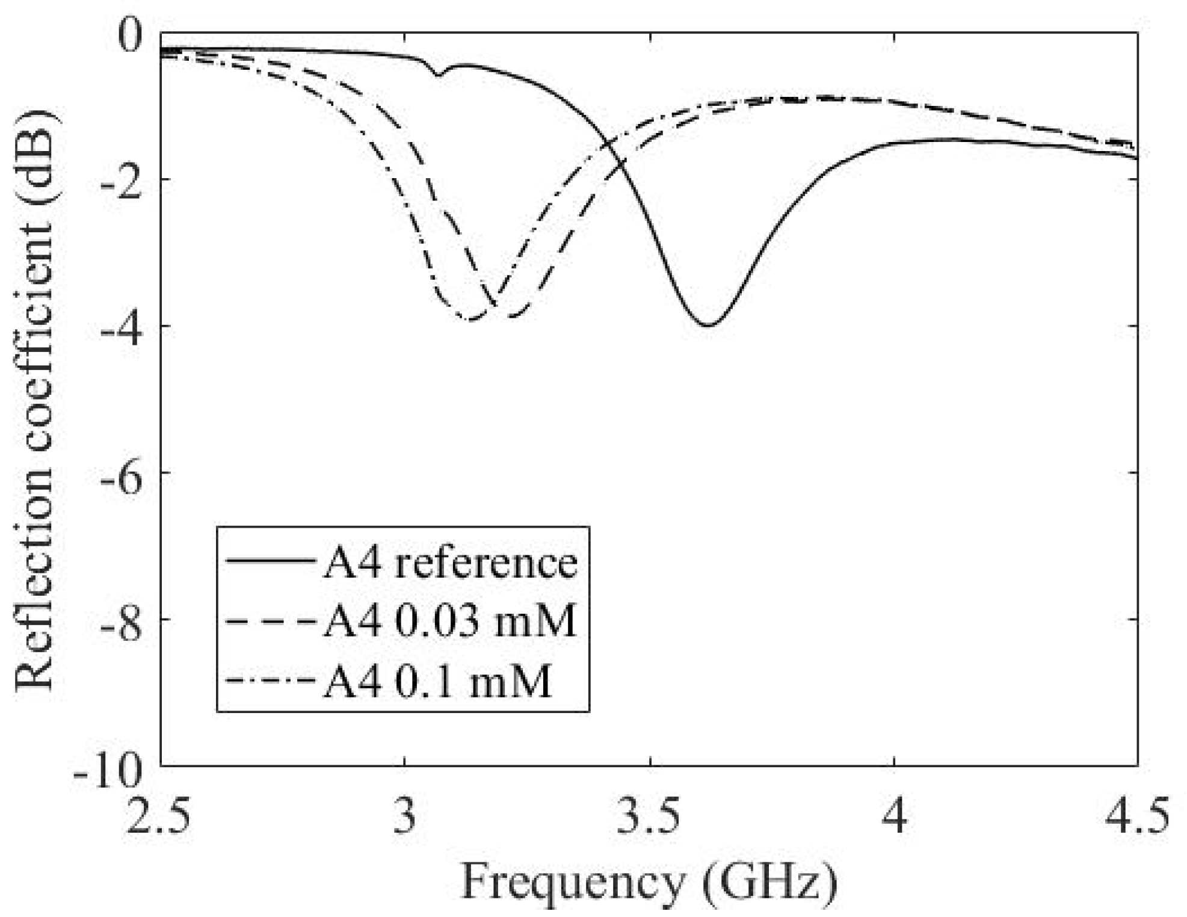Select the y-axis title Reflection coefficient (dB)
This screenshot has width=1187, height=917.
click(35, 400)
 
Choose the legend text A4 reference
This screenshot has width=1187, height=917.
click(450, 563)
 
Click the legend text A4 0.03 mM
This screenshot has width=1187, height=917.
click(450, 620)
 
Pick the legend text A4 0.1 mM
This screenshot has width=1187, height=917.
click(437, 681)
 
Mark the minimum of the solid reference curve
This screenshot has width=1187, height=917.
click(710, 326)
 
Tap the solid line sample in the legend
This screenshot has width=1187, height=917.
click(270, 560)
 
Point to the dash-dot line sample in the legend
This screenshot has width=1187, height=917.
click(270, 680)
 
